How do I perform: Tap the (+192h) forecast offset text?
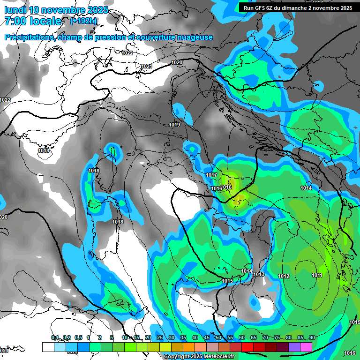click(x=83, y=21)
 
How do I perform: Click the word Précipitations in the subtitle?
click(x=28, y=37)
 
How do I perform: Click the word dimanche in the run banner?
click(x=293, y=8)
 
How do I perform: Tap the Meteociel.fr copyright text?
click(x=199, y=357)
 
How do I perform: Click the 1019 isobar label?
click(x=174, y=125)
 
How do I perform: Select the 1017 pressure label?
click(x=211, y=175)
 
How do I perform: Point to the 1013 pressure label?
click(x=259, y=274)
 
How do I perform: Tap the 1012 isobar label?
click(x=284, y=276)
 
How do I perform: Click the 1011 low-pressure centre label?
click(x=317, y=275)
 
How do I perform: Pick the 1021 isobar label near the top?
click(x=147, y=66)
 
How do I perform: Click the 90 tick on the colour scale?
click(x=312, y=337)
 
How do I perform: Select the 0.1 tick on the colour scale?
click(x=54, y=337)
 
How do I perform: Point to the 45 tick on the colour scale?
click(x=207, y=337)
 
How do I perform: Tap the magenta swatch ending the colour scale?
click(x=306, y=347)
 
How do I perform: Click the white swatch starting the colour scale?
click(x=48, y=347)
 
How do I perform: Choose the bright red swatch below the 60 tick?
click(x=247, y=347)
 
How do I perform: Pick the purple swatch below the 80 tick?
click(x=294, y=347)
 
